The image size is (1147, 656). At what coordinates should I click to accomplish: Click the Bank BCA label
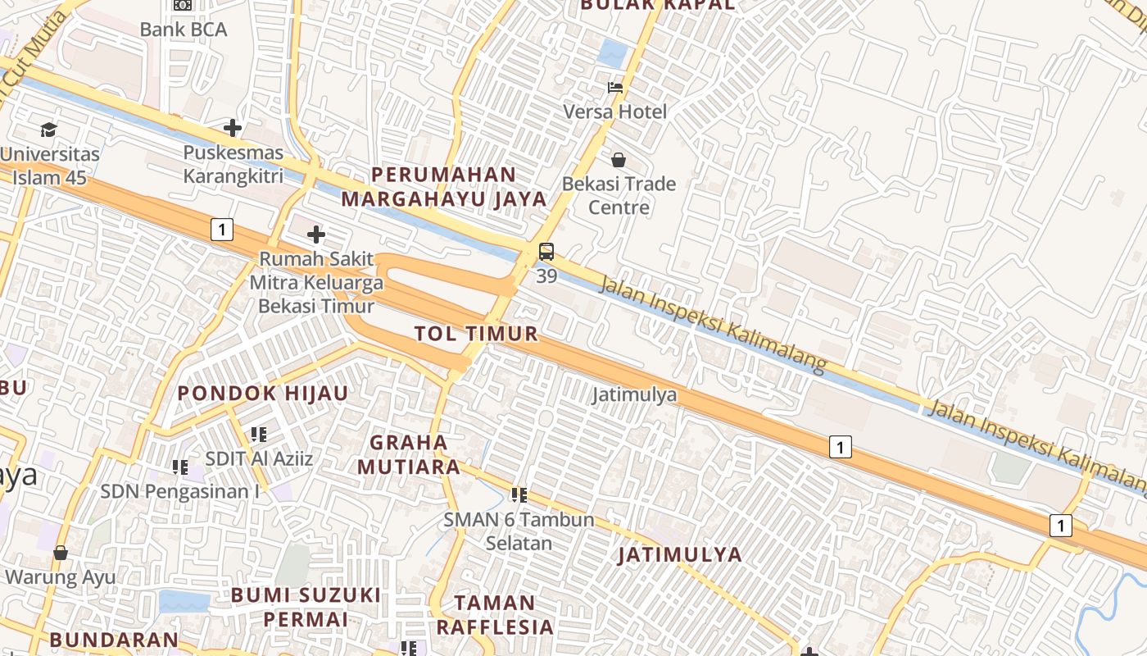(x=183, y=30)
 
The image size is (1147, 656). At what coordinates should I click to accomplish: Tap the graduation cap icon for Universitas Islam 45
(x=48, y=130)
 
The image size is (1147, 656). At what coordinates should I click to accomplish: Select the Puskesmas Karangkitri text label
(x=233, y=164)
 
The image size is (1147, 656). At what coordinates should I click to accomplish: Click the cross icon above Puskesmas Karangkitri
(x=233, y=128)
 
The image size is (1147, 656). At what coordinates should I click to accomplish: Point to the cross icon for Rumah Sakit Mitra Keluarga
(x=315, y=235)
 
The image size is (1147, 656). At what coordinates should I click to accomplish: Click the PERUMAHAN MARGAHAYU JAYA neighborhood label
(x=443, y=186)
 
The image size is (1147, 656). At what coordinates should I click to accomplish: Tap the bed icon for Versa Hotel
(x=615, y=87)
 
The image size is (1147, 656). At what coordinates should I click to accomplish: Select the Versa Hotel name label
(x=615, y=112)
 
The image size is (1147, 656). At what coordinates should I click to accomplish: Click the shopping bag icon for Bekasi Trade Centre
(x=619, y=160)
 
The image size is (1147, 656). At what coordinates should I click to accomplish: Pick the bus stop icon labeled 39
(x=546, y=252)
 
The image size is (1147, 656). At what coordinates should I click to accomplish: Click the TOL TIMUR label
(x=476, y=333)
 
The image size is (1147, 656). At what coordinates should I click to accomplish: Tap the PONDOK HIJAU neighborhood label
(x=263, y=393)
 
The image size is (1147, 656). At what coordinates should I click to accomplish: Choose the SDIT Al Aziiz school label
(x=259, y=458)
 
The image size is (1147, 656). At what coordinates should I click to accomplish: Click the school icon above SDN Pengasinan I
(x=179, y=467)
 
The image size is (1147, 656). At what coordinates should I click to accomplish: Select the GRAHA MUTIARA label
(x=415, y=454)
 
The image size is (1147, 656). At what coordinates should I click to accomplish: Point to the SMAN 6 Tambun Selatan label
(x=519, y=531)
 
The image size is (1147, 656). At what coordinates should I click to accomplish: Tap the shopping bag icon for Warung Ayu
(x=61, y=553)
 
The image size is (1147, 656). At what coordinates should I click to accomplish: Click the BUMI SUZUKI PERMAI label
(x=306, y=606)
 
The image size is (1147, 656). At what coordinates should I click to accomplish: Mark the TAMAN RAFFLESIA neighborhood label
(x=495, y=614)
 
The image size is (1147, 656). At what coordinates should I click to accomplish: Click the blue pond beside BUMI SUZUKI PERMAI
(x=184, y=601)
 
